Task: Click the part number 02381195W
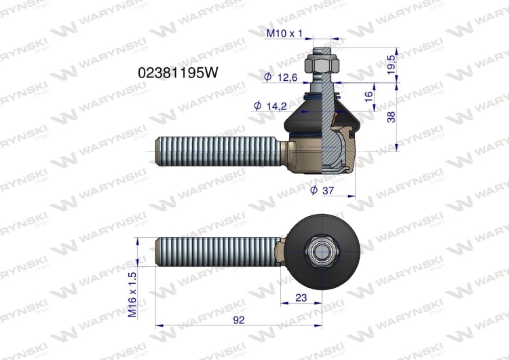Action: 178,73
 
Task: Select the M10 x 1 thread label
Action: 284,33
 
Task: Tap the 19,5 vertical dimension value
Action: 392,65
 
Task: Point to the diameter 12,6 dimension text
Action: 281,77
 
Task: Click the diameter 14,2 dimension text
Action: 270,106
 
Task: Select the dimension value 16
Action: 369,96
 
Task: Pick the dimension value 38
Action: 392,117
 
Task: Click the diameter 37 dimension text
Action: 322,190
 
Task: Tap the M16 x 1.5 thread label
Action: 133,295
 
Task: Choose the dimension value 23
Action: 301,298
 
